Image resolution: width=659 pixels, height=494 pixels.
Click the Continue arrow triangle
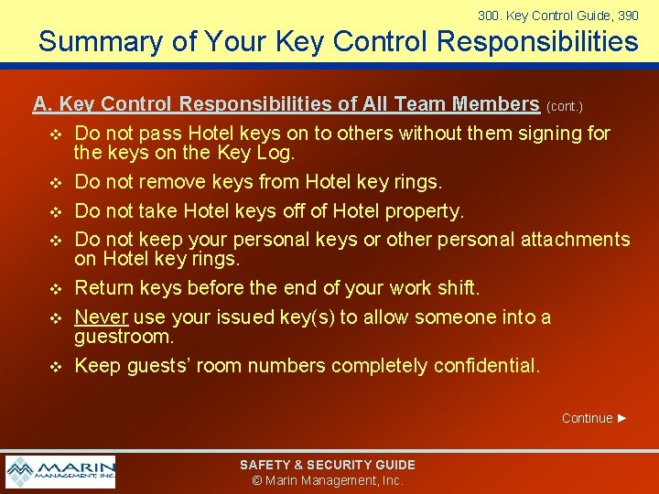coord(622,418)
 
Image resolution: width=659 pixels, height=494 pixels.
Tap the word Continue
coord(587,418)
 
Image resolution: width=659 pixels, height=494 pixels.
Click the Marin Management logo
coord(60,472)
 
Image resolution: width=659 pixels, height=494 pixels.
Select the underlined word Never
coord(102,317)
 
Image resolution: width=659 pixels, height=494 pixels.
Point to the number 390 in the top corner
coord(628,16)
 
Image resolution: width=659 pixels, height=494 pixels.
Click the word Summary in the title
coord(101,42)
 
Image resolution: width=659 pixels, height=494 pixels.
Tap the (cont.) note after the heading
coord(565,106)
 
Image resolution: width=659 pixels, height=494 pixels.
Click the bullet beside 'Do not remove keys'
coord(56,183)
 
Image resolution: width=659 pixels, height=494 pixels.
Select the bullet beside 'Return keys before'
coord(56,289)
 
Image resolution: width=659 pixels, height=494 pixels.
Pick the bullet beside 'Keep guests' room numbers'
coord(56,367)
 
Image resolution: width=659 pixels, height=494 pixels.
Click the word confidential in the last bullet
coord(487,365)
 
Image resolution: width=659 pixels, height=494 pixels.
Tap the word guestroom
coord(124,337)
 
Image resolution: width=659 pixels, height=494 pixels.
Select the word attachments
coord(576,240)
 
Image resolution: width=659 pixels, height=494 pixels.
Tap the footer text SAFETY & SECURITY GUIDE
coord(328,465)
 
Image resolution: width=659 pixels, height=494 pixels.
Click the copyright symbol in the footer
coord(257,480)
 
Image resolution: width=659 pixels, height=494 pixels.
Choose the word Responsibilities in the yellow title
coord(537,41)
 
